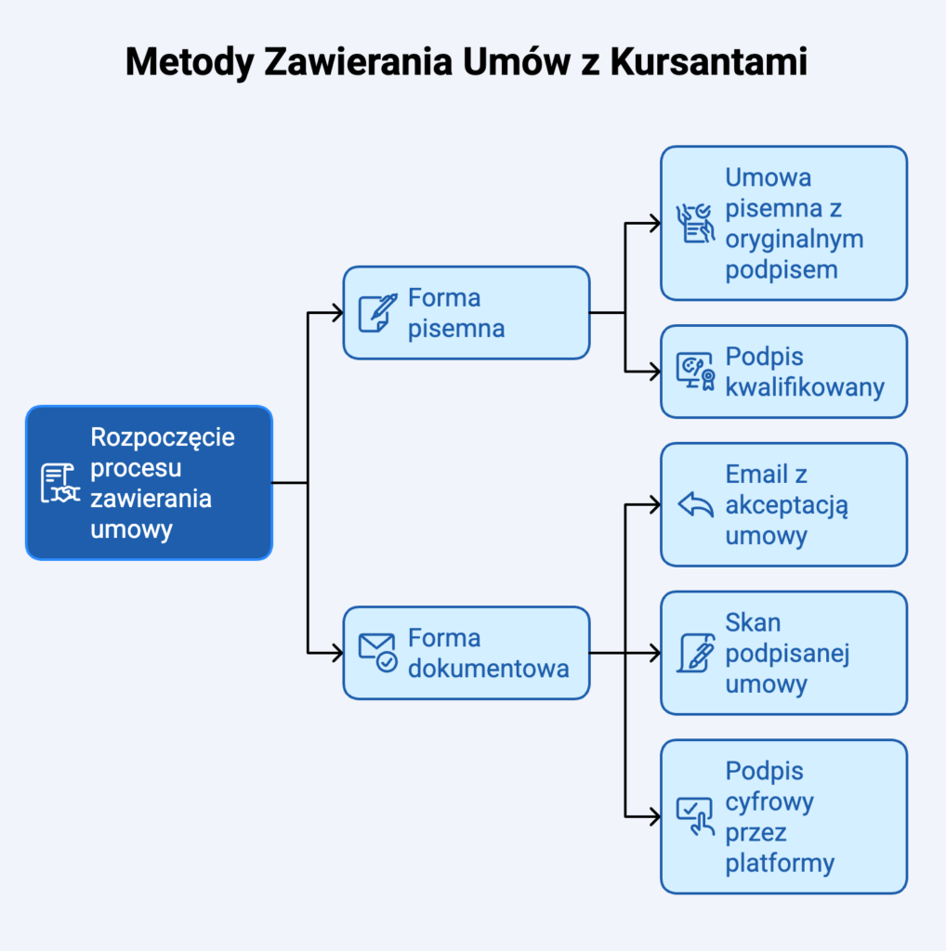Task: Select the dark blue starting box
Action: (x=149, y=482)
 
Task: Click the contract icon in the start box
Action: (x=60, y=483)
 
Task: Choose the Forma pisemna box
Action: (x=466, y=313)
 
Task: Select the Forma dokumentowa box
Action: (x=466, y=653)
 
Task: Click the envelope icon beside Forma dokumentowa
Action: (x=377, y=653)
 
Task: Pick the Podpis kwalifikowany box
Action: (x=783, y=371)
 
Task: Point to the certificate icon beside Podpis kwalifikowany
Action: (x=695, y=371)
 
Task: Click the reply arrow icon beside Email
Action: (x=695, y=504)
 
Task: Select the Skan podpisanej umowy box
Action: (x=783, y=653)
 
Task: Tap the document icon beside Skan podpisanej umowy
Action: (x=695, y=653)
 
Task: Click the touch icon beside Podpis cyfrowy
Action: (x=695, y=816)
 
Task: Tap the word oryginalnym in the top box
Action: (x=795, y=239)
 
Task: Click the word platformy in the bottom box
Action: (x=780, y=863)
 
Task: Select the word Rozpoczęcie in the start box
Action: (x=163, y=436)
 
